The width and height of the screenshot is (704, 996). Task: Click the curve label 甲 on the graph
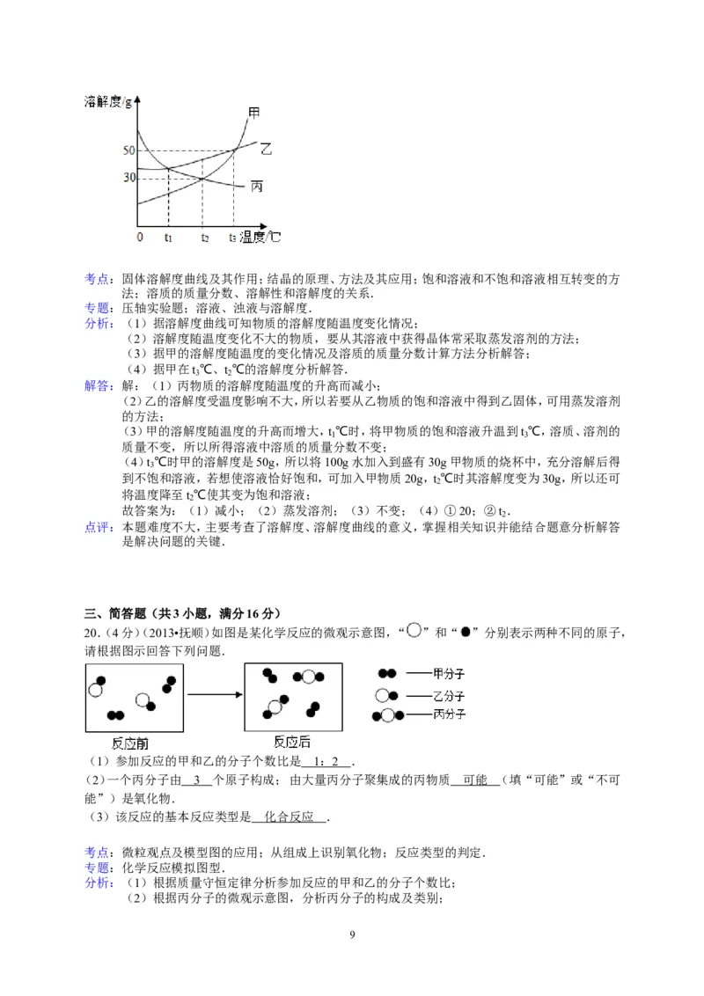click(254, 113)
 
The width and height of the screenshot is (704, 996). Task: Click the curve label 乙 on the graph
click(266, 150)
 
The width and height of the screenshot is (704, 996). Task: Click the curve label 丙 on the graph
click(258, 187)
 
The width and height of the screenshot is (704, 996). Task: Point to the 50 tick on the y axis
click(128, 151)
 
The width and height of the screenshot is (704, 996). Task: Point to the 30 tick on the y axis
click(128, 178)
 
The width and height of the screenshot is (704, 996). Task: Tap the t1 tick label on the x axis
click(168, 238)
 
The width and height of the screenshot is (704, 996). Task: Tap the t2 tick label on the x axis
click(205, 238)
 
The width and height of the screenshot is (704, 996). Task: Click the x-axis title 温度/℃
click(261, 237)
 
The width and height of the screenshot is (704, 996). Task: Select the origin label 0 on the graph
click(140, 238)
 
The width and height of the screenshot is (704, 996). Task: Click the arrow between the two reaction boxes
click(213, 695)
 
